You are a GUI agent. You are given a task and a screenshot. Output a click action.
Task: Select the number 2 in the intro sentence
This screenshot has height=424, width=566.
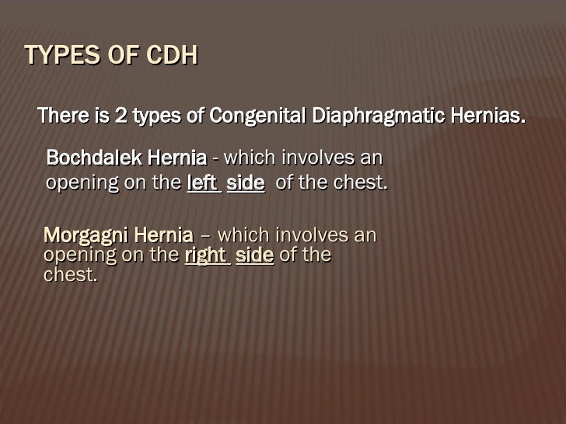coord(121,117)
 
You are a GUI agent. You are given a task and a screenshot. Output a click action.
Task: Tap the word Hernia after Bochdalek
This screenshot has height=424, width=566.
coord(177,158)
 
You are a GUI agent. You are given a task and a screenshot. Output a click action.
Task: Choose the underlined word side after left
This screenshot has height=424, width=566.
coord(245,184)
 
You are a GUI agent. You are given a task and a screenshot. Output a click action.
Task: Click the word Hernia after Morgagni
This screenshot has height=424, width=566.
coord(166,235)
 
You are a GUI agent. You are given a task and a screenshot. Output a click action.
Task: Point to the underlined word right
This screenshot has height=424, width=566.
coord(206,255)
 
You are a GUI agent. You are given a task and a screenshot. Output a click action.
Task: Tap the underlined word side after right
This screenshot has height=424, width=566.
coord(254,255)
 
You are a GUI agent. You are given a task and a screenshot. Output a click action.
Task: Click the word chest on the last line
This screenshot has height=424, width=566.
coord(70,276)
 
